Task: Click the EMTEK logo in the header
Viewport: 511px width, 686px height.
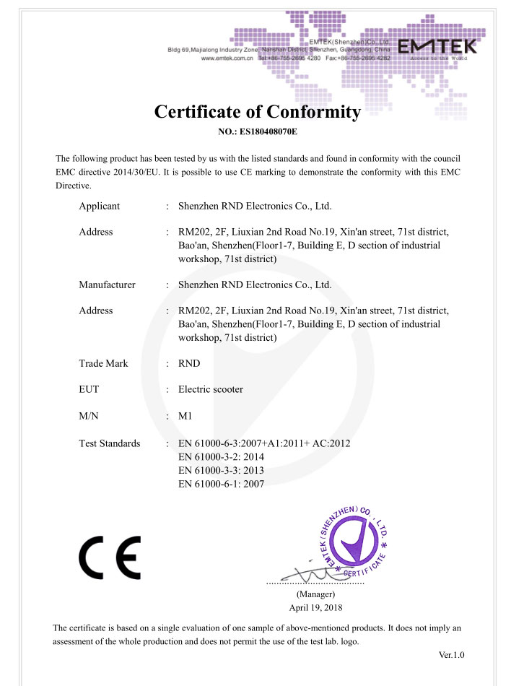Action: click(437, 48)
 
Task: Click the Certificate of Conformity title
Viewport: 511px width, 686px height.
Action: click(257, 113)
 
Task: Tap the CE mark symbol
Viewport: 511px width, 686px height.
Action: click(110, 557)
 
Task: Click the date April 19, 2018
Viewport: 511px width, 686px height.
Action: click(315, 607)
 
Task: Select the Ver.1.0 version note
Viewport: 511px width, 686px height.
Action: click(451, 655)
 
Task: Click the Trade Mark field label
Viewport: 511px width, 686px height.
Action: click(103, 363)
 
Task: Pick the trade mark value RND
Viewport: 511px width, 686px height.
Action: click(189, 363)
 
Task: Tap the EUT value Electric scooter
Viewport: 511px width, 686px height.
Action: click(210, 389)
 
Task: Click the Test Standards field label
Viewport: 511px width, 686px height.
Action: click(110, 443)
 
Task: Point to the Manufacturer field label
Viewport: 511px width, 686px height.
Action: click(107, 285)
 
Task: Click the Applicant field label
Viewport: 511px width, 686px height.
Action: click(100, 206)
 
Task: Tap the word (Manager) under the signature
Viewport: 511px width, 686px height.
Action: click(315, 594)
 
